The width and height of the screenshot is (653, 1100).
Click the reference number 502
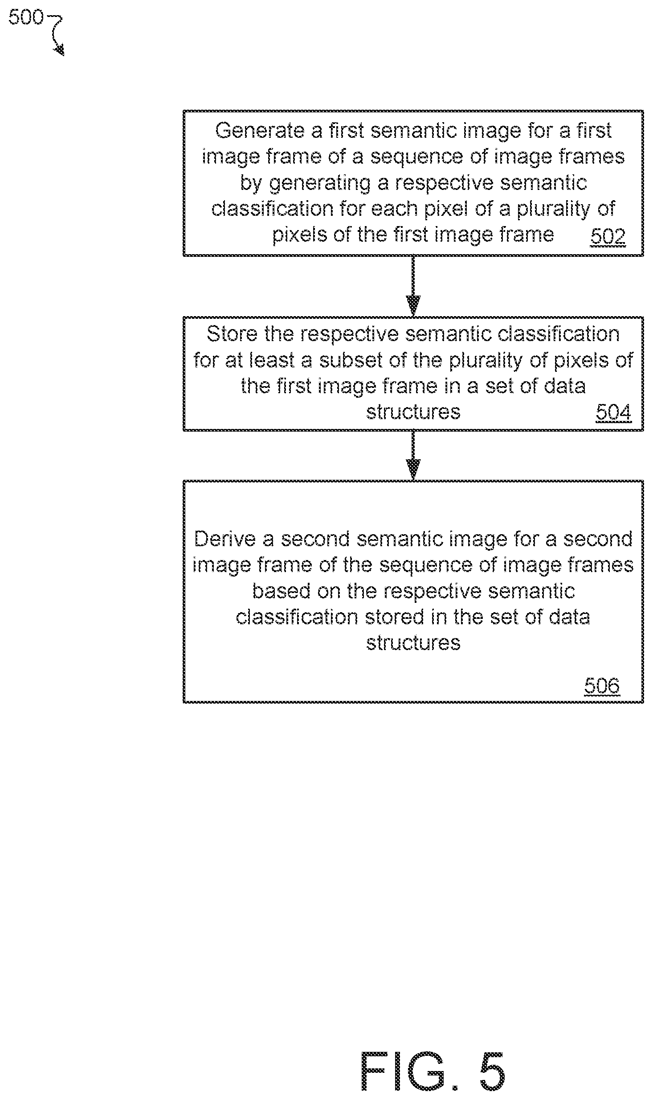click(x=608, y=237)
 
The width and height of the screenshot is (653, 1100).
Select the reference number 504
click(x=614, y=412)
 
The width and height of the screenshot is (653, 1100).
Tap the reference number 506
click(x=602, y=686)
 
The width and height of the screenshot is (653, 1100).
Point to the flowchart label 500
click(x=26, y=17)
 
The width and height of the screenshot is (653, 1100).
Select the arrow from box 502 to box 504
click(x=413, y=286)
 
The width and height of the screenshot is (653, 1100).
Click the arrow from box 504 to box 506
click(x=413, y=455)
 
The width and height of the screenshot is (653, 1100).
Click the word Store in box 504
click(x=232, y=334)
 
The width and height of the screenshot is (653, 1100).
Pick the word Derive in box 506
click(x=225, y=540)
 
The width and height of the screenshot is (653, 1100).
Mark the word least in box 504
click(x=272, y=360)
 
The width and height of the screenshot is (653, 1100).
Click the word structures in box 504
click(x=413, y=412)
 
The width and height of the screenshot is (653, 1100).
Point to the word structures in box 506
click(x=413, y=643)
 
